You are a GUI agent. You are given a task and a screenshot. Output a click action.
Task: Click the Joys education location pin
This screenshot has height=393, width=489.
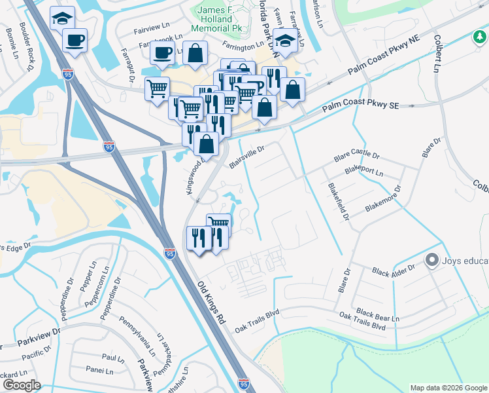(431, 261)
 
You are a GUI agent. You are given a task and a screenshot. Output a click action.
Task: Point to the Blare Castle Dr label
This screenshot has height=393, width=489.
(356, 157)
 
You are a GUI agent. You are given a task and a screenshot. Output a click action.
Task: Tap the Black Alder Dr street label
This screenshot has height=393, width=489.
(394, 269)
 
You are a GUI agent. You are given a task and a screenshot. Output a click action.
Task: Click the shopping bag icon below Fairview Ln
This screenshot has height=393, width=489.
(195, 54)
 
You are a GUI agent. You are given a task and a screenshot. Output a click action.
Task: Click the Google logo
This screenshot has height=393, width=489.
(21, 385)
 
